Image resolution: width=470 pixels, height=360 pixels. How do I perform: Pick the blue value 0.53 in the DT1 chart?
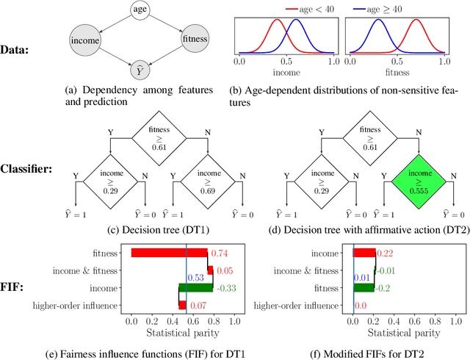click(196, 278)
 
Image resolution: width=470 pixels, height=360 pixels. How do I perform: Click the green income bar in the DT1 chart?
click(195, 287)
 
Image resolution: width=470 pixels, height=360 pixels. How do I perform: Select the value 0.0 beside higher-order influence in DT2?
click(361, 304)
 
